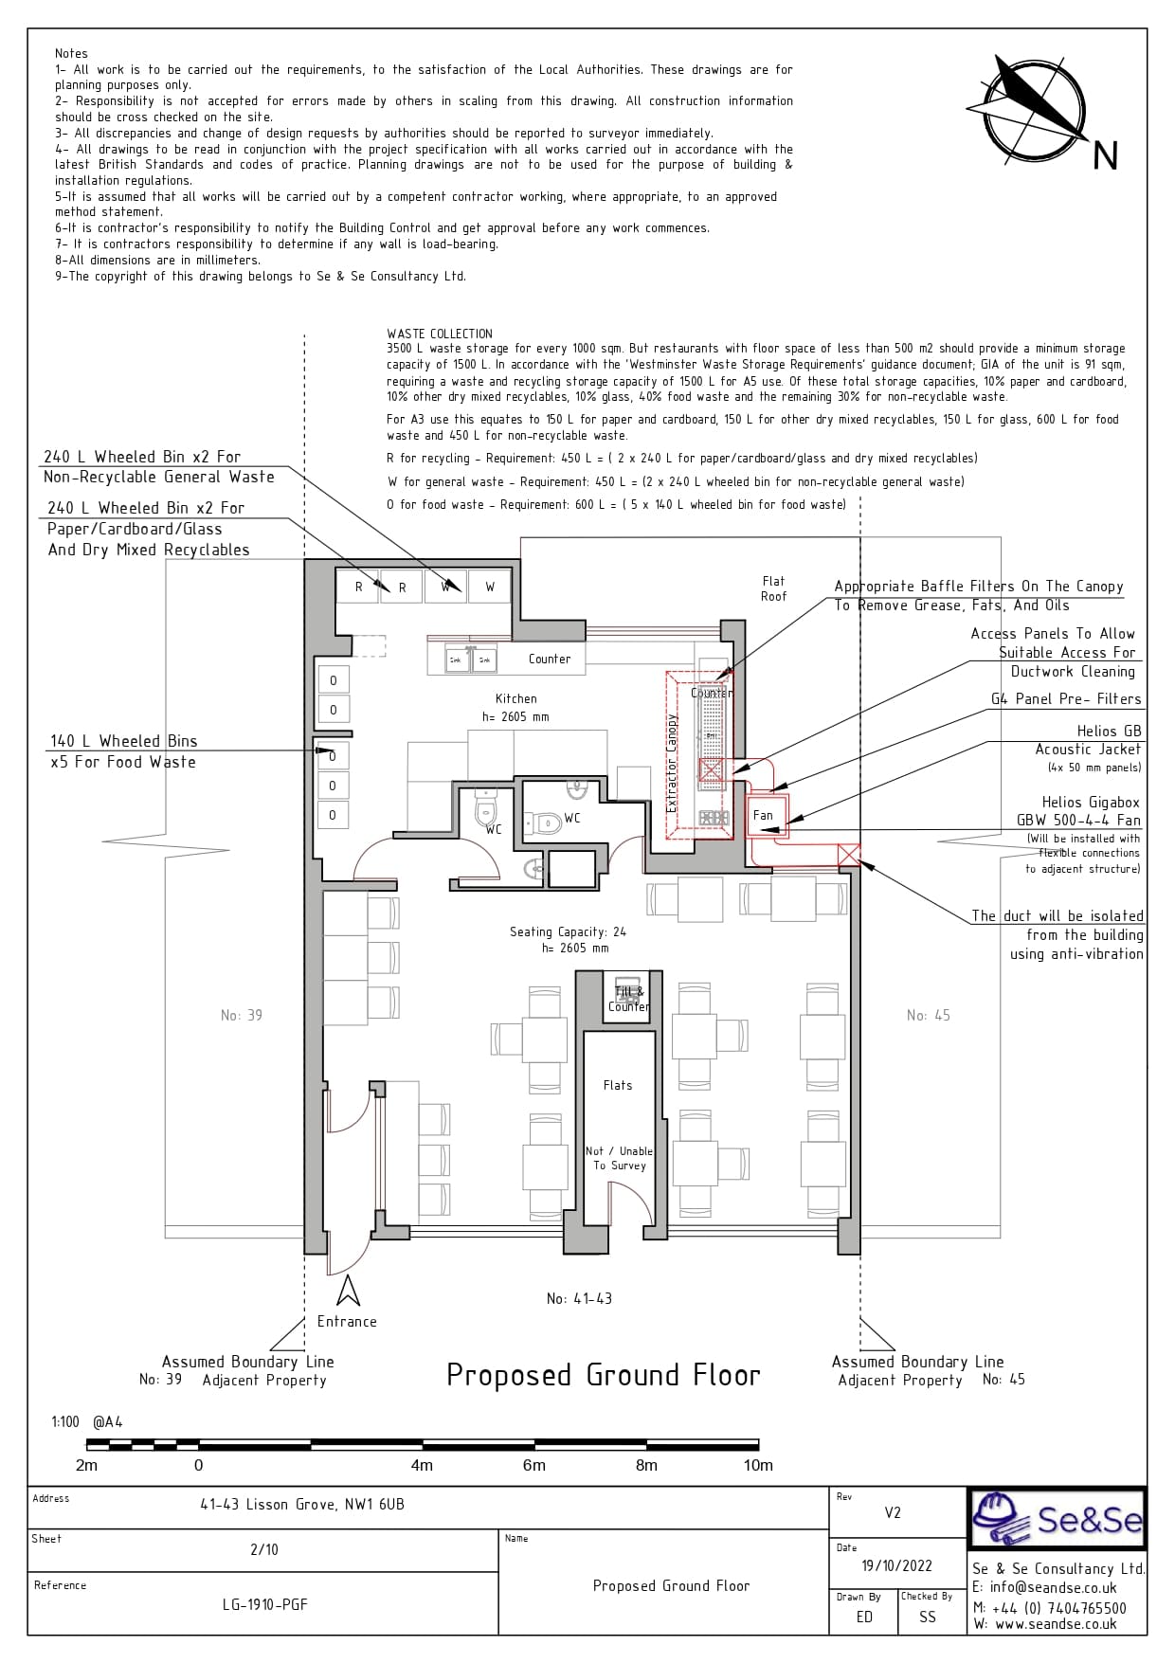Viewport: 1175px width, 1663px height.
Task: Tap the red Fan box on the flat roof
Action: tap(763, 816)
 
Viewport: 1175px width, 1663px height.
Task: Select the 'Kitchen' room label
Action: tap(515, 698)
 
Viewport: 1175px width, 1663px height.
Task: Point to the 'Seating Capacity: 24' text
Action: tap(568, 931)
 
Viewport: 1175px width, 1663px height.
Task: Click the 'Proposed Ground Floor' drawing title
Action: tap(603, 1375)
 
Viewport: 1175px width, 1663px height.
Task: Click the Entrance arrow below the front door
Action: tap(348, 1291)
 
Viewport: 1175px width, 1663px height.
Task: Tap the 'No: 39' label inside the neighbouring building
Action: tap(242, 1015)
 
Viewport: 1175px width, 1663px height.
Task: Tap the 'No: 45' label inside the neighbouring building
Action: tap(928, 1015)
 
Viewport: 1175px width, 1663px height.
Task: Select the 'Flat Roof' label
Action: tap(773, 588)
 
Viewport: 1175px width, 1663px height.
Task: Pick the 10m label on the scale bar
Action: tap(758, 1465)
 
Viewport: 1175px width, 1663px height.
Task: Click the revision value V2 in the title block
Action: tap(893, 1512)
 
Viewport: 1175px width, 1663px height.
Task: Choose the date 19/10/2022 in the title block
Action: tap(896, 1565)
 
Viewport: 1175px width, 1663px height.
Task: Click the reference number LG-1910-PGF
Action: tap(265, 1604)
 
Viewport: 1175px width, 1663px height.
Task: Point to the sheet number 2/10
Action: tap(264, 1549)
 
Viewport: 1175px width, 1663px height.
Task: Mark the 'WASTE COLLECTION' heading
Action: tap(440, 334)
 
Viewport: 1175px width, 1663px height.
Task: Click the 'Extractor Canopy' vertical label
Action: tap(673, 763)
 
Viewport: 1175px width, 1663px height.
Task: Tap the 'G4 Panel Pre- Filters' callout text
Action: tap(1066, 699)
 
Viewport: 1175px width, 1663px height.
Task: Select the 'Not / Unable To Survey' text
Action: tap(619, 1158)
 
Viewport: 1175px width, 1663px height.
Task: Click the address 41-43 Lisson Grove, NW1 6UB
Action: tap(302, 1504)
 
